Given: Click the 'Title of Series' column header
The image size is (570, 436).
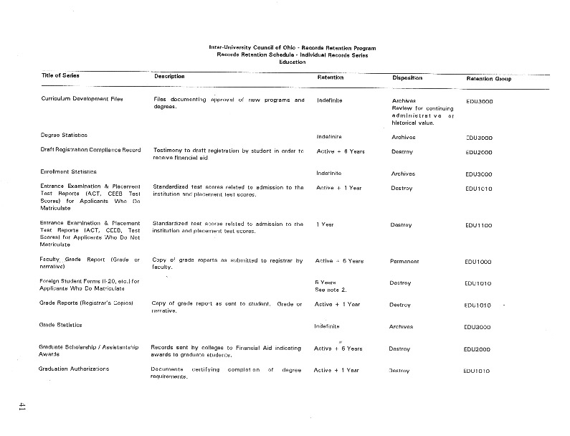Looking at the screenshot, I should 60,75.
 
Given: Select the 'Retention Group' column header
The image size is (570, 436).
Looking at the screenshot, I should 489,77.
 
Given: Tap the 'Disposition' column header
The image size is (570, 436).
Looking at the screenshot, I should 412,77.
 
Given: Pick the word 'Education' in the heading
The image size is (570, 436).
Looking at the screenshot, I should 292,62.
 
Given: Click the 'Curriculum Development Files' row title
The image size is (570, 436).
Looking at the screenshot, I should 82,99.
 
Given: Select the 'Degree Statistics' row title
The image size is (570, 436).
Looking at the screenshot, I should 65,135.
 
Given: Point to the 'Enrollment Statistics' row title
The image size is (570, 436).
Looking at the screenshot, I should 69,171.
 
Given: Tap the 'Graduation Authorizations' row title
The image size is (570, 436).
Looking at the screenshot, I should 75,369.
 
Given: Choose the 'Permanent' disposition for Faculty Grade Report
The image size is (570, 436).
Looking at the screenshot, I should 405,261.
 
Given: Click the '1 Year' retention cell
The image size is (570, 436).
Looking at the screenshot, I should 325,224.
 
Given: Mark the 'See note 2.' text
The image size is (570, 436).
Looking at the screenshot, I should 331,290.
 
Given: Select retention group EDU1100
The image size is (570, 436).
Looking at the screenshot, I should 478,225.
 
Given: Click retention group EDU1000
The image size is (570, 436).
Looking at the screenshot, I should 478,262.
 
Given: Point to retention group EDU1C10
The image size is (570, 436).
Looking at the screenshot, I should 478,189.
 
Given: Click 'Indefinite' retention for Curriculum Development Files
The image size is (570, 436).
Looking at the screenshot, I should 330,100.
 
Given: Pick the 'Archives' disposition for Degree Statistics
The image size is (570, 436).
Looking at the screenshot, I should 404,137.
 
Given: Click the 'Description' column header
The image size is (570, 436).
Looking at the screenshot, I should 169,76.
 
